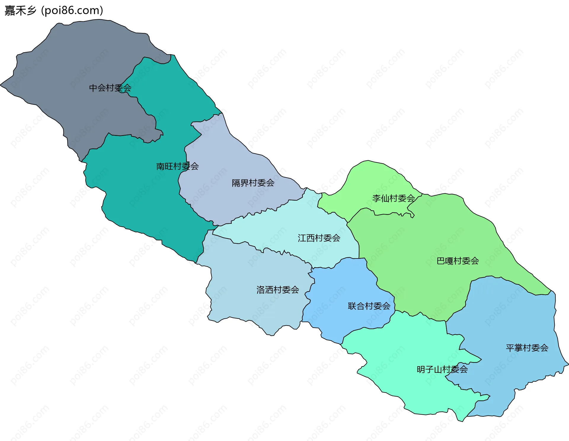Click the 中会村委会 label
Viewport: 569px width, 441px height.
pos(110,88)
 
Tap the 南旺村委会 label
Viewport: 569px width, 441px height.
pos(177,166)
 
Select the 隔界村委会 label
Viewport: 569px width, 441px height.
pos(253,183)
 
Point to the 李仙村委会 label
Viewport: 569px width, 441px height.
pos(393,198)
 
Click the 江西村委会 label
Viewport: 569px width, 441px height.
pos(319,238)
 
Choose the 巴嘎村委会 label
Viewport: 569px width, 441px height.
pos(458,261)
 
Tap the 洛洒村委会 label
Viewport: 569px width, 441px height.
pos(277,290)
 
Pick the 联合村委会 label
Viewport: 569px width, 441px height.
pos(369,306)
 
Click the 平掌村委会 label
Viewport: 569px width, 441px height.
pos(527,348)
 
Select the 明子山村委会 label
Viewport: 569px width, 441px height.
pos(442,369)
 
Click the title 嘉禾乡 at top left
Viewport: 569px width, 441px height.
pos(20,11)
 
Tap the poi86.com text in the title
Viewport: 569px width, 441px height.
pos(72,11)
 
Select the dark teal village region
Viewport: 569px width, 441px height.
pos(142,193)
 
